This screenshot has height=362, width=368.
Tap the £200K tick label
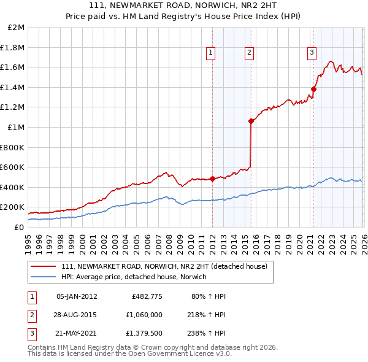tap(13, 207)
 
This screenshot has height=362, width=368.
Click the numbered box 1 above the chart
tap(210, 53)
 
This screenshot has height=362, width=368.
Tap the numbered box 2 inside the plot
tap(250, 53)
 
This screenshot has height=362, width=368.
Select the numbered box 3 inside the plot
tap(312, 53)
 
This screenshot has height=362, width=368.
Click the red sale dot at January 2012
tap(212, 179)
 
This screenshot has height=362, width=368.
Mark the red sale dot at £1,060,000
tap(251, 121)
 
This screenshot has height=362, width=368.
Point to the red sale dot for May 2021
tap(313, 89)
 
